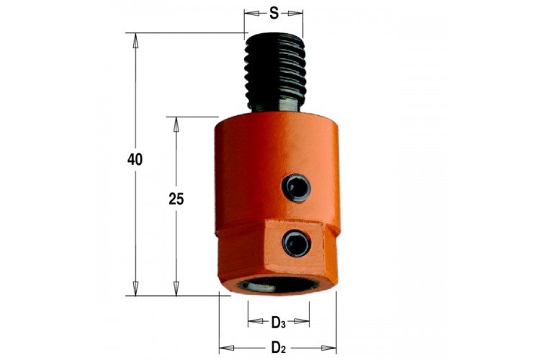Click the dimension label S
point(274,13)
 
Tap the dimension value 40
point(135,160)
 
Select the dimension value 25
point(176,199)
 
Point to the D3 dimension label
point(279,323)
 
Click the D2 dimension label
point(279,348)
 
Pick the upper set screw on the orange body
point(296,188)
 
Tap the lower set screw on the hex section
point(297,243)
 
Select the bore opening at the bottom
point(279,285)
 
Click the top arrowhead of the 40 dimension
point(135,40)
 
